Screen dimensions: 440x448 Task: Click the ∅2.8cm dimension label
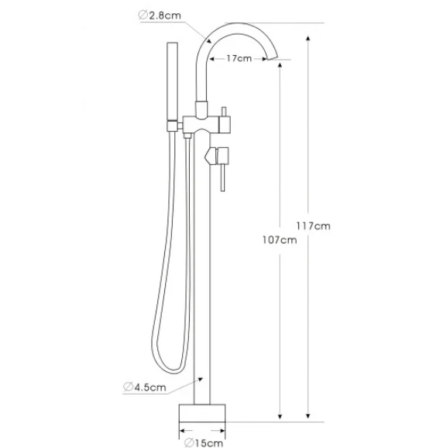(160, 16)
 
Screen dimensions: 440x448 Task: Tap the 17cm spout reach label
(239, 59)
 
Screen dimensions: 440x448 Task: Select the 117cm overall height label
(313, 226)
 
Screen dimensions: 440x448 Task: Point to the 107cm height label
(280, 240)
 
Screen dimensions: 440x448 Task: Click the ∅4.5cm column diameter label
(145, 387)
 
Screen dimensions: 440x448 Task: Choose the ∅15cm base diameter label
(203, 443)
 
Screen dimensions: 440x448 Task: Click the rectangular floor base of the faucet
(202, 413)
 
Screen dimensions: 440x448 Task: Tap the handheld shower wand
(172, 81)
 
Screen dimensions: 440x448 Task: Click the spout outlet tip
(272, 57)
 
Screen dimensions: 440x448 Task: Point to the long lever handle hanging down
(223, 177)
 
